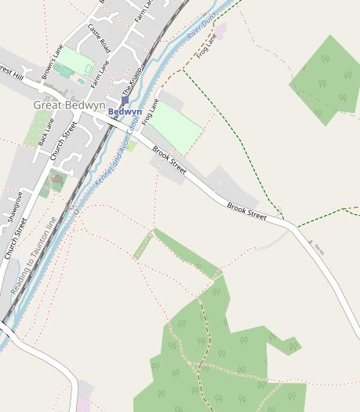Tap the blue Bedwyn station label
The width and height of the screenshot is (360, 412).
pyautogui.click(x=125, y=111)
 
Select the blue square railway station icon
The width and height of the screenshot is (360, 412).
pyautogui.click(x=125, y=100)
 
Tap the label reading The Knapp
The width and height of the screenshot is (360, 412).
pyautogui.click(x=130, y=82)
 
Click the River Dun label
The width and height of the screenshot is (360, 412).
pyautogui.click(x=202, y=31)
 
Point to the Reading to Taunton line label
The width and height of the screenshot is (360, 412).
pyautogui.click(x=34, y=258)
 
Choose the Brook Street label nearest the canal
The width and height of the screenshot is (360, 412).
pyautogui.click(x=169, y=159)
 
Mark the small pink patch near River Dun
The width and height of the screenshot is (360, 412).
pyautogui.click(x=221, y=31)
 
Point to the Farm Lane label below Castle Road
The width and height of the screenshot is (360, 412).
pyautogui.click(x=97, y=73)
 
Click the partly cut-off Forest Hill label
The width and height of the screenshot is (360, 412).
pyautogui.click(x=10, y=72)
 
